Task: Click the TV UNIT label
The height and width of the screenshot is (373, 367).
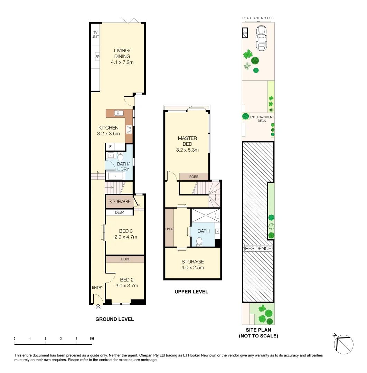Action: coord(95,35)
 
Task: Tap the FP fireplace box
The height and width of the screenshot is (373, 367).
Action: coord(97,57)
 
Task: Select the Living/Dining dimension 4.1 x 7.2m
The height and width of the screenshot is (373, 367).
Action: coord(122,63)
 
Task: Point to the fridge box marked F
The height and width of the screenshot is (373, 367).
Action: coord(110,147)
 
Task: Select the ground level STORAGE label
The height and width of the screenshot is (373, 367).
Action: coord(120,201)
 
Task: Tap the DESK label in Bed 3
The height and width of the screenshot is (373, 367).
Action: coord(119,212)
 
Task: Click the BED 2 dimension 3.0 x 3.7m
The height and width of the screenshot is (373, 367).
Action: coord(126,286)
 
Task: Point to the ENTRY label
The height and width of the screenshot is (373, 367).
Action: coord(97,288)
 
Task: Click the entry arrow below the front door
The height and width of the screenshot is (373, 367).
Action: coord(98,306)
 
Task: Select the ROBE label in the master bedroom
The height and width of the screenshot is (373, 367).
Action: coord(194,176)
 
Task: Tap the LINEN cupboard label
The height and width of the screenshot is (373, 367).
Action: coord(169,229)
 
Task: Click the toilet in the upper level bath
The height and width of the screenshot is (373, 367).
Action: coord(199,241)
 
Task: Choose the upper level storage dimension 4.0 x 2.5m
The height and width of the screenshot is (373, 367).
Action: coord(192,267)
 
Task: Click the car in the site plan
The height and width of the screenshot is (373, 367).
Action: coord(261,38)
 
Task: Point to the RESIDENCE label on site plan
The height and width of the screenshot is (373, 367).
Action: coord(258,248)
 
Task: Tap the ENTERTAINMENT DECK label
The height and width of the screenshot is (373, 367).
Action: coord(262,119)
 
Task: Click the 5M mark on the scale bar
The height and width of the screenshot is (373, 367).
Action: coord(92,338)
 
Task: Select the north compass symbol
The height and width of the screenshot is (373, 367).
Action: coord(344,344)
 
